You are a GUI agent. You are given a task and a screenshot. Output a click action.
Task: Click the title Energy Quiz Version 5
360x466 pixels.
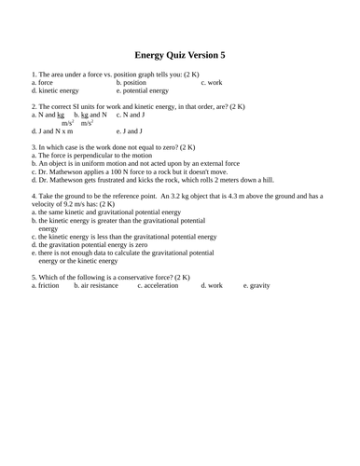pos(180,55)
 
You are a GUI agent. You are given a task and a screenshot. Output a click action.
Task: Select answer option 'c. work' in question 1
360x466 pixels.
pos(211,82)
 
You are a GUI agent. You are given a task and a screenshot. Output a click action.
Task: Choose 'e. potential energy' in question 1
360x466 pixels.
pos(143,91)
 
